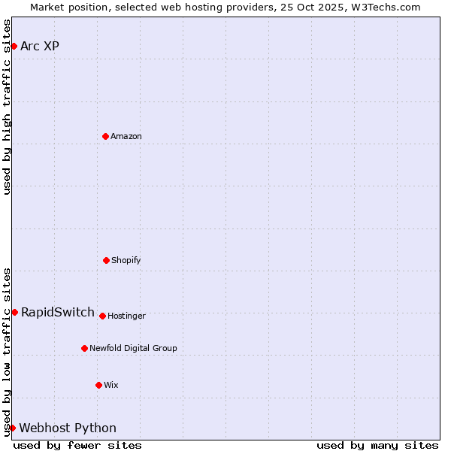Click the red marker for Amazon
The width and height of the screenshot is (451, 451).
point(105,136)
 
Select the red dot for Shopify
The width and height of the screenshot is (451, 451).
point(106,260)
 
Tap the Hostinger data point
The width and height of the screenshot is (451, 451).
point(102,316)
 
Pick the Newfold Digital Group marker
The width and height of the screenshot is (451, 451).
point(84,348)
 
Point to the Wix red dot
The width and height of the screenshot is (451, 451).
point(98,385)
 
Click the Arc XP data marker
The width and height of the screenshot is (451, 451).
point(14,46)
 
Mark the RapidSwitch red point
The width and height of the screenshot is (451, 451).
point(14,312)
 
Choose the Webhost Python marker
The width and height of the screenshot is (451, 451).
point(12,428)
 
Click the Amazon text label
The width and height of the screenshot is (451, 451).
point(126,136)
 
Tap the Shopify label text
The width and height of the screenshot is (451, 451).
point(126,260)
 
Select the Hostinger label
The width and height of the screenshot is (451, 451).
point(126,316)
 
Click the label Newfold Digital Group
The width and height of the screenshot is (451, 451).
point(133,348)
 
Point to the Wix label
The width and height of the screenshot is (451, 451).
point(111,385)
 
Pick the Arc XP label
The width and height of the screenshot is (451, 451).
point(40,46)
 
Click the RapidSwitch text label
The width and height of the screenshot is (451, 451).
point(58,312)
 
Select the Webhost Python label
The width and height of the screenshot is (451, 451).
point(68,428)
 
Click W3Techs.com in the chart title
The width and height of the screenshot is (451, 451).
point(383,7)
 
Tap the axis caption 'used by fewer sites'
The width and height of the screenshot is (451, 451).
point(77,445)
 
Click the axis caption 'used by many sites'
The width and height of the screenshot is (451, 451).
point(377,445)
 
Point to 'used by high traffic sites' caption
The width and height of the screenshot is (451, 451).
point(7,107)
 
